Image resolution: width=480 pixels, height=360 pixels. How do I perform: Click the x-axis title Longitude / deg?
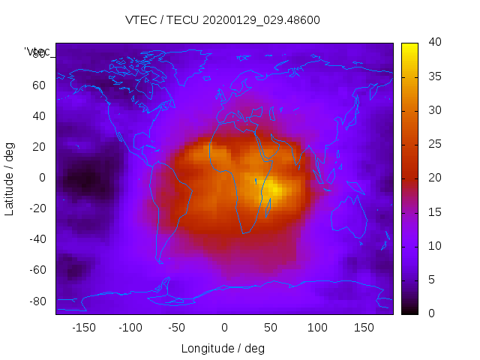(x=223, y=348)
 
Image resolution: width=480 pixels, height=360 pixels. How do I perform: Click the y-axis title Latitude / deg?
(x=10, y=178)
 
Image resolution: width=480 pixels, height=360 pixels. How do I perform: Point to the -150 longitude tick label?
(x=83, y=328)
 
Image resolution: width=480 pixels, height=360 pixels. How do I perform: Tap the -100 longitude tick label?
(x=130, y=328)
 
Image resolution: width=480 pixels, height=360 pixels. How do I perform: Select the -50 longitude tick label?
(x=177, y=328)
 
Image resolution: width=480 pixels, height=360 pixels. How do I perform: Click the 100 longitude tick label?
(x=317, y=328)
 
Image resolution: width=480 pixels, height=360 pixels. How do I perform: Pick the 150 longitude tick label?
(x=364, y=328)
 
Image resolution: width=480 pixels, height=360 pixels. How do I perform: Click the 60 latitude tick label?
(x=39, y=85)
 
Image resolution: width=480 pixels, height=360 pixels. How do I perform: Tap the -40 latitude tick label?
(x=37, y=239)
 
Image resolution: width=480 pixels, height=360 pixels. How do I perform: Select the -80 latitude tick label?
(x=37, y=301)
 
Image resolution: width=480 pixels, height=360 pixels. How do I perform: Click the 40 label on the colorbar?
(x=434, y=43)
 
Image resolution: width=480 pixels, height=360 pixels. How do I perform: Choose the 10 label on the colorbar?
(x=434, y=246)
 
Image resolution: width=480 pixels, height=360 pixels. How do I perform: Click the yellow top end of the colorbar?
(x=409, y=46)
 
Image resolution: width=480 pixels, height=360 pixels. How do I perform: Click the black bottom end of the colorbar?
(x=409, y=310)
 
